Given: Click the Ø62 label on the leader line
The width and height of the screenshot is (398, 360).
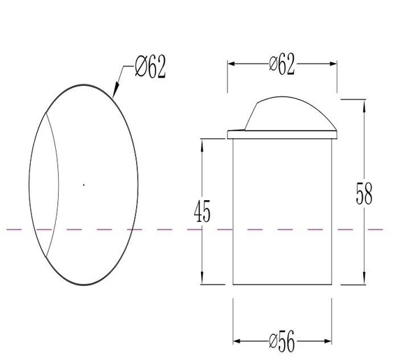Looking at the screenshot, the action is click(x=150, y=66).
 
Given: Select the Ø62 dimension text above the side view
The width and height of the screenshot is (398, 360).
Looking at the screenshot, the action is click(x=282, y=64).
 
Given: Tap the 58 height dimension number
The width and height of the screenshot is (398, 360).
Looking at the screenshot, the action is click(x=364, y=193).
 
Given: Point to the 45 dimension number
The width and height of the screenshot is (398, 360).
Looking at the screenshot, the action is click(x=202, y=211).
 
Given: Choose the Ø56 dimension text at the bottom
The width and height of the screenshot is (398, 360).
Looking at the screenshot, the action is click(x=282, y=341).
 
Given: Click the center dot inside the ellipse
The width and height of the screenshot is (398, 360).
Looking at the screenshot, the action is click(x=84, y=185).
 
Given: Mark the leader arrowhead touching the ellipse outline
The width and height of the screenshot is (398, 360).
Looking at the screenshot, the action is click(x=115, y=90).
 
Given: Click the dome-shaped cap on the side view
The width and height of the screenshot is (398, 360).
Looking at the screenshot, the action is click(x=290, y=114).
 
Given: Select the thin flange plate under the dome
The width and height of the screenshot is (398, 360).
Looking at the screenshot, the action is click(x=282, y=135).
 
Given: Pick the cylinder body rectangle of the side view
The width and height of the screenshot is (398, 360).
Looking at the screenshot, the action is click(x=282, y=211).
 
